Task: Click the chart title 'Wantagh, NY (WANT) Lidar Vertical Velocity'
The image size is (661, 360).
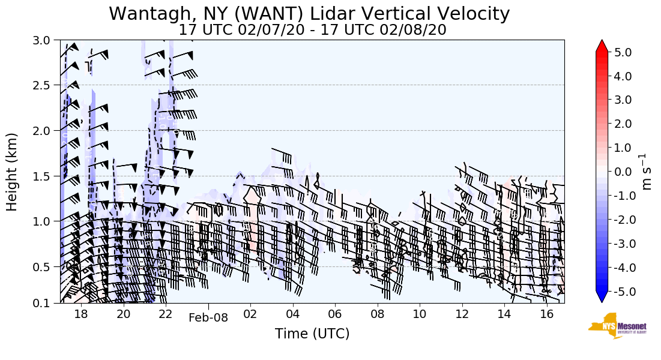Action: point(309,13)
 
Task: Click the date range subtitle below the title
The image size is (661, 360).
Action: point(312,29)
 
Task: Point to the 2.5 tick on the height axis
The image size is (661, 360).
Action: point(45,85)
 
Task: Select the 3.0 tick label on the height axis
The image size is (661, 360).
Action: point(45,41)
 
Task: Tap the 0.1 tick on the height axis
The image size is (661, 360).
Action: point(45,304)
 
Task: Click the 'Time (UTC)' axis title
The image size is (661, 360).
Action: point(312,334)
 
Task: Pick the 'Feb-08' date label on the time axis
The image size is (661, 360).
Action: point(208,318)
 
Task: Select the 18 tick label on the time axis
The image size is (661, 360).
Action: point(81,314)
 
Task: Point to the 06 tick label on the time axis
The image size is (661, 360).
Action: point(335,314)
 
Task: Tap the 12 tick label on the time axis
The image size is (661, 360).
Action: point(462,314)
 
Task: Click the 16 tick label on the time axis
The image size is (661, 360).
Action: point(546,314)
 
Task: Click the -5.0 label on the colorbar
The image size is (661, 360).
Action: point(626,292)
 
